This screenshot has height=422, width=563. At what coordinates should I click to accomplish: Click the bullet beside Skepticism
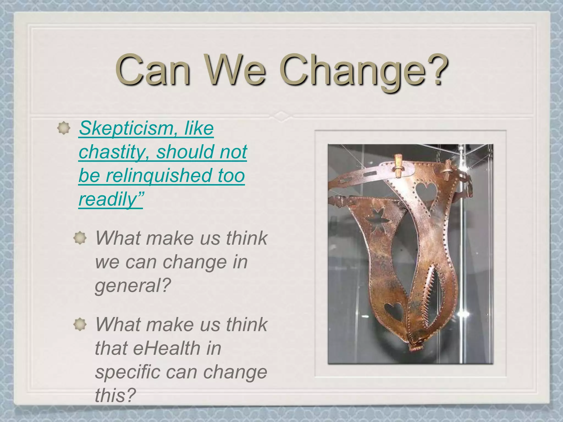(64, 128)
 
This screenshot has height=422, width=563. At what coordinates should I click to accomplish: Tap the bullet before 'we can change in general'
(80, 238)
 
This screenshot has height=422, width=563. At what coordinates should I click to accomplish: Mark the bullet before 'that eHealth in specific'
(80, 324)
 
